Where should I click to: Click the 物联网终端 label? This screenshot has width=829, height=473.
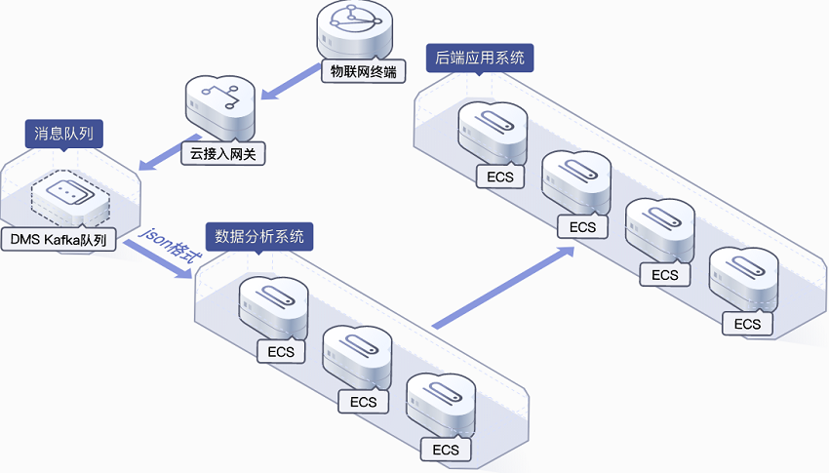pos(363,70)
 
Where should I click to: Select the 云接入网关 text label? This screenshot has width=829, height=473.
pos(223,152)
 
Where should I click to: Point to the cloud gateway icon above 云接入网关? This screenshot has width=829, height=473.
pos(219,106)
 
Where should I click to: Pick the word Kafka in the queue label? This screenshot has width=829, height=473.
pos(66,239)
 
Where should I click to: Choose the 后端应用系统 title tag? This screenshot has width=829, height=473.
pos(480,58)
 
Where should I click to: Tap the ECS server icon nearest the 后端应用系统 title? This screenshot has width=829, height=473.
pos(493,132)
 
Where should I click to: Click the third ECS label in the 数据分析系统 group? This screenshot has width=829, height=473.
pos(446,450)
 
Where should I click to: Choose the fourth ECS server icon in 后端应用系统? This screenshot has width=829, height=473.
pos(744,279)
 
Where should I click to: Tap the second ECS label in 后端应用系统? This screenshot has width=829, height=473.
pos(582,227)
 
